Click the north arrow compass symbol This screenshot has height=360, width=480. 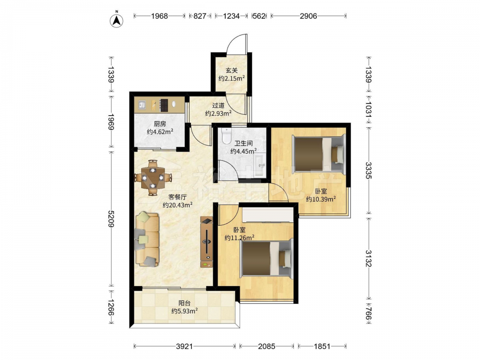click(117, 20)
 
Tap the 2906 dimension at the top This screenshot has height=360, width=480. click(308, 16)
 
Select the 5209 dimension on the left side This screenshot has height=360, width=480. click(111, 219)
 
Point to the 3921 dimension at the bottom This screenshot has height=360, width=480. click(184, 346)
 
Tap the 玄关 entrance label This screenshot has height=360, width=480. click(231, 71)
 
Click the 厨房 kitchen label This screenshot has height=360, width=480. click(160, 124)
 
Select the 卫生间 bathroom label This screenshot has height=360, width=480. click(243, 143)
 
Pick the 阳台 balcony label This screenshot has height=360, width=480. click(184, 303)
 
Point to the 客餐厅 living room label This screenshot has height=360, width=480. click(178, 197)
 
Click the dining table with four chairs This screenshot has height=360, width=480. click(153, 178)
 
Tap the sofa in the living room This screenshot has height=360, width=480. click(147, 239)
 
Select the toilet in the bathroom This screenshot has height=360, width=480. click(226, 136)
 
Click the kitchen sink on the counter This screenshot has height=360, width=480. click(142, 105)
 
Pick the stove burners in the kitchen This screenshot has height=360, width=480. click(164, 105)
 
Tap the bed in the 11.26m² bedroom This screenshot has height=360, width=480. click(266, 259)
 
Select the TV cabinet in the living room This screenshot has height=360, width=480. click(206, 242)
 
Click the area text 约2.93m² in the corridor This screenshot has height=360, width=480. click(218, 113)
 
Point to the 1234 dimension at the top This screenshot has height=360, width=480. click(231, 16)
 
